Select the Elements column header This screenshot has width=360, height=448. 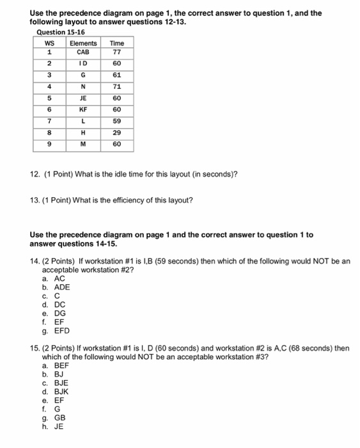83,43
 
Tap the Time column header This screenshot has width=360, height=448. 117,43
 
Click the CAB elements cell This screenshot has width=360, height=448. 83,52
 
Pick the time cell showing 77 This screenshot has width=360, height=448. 117,52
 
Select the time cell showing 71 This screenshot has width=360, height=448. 117,86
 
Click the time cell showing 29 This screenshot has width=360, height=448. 117,132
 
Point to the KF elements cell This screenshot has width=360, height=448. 83,109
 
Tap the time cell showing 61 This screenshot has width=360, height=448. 117,75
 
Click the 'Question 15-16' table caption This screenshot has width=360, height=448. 61,32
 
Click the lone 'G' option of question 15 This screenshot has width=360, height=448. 57,408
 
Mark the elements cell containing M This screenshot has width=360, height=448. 83,144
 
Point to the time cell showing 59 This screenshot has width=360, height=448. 117,121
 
